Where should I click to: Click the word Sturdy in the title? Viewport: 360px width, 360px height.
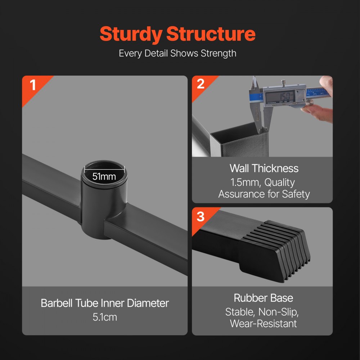131,34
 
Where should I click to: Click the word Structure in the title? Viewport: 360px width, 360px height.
211,34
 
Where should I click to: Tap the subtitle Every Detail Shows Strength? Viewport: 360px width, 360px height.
177,53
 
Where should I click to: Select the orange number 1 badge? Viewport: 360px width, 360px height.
33,86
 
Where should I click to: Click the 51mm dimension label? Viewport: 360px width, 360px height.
104,176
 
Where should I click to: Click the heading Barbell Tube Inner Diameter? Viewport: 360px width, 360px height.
105,303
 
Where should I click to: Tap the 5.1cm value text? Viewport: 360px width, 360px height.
105,318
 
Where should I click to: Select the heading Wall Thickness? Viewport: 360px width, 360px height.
264,168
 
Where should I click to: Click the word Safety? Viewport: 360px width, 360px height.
295,194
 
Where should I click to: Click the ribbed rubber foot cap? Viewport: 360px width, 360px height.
277,248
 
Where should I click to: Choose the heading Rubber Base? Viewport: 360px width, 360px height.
263,298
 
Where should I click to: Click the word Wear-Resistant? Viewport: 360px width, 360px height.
263,323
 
